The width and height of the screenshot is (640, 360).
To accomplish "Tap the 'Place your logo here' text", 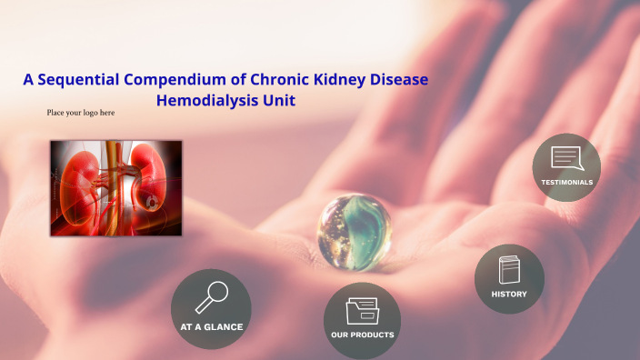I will (81, 113).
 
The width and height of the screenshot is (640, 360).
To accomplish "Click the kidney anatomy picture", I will (115, 188).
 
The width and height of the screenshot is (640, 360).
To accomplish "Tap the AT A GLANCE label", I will (211, 326).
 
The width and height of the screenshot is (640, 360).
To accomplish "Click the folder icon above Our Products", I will (362, 311).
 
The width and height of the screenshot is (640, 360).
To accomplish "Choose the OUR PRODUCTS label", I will (362, 335).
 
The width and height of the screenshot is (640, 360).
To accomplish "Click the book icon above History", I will (509, 271).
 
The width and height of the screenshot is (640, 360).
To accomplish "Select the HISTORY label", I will (509, 294).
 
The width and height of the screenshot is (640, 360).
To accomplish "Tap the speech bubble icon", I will (566, 159).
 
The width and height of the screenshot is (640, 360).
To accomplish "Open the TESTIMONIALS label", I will (566, 182).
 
